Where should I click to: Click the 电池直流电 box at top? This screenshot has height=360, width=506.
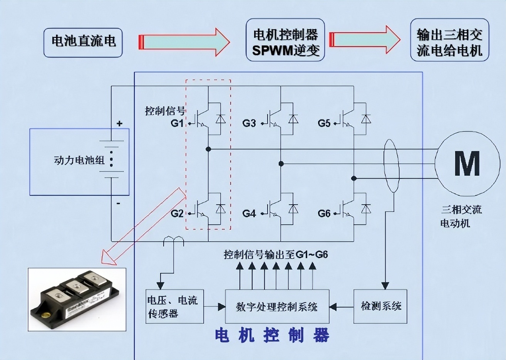[83, 42]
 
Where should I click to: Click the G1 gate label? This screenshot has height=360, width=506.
[177, 123]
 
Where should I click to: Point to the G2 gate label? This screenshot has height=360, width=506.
[177, 214]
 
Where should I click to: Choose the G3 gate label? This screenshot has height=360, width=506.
[249, 123]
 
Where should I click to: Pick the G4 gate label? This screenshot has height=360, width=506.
[249, 214]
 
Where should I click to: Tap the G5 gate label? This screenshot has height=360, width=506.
[324, 123]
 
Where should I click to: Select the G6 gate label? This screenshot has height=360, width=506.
[324, 214]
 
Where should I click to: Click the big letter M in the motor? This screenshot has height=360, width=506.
[467, 164]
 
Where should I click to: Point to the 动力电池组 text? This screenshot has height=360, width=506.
[79, 160]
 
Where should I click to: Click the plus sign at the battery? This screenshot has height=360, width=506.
[119, 124]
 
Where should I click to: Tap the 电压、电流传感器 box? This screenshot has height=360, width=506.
[174, 306]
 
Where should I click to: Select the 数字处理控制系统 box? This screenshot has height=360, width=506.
[277, 306]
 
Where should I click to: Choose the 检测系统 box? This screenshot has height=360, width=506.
[380, 306]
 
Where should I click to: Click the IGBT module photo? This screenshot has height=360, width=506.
[77, 299]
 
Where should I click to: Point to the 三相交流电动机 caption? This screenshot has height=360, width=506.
[461, 216]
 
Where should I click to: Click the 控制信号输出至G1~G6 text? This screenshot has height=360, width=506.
[276, 254]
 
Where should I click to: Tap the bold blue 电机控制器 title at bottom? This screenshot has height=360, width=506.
[272, 335]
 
